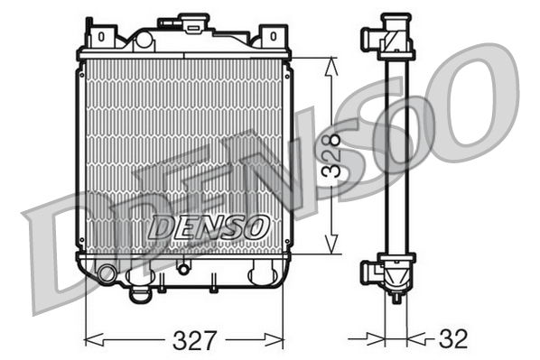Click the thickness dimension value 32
pos(453,340)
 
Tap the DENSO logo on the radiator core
pos(208,226)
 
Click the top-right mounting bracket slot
pos(270,36)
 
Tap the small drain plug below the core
pos(183,267)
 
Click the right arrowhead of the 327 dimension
pos(283,340)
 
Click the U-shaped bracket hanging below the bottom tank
pos(140,293)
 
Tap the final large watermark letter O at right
pos(470,99)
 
